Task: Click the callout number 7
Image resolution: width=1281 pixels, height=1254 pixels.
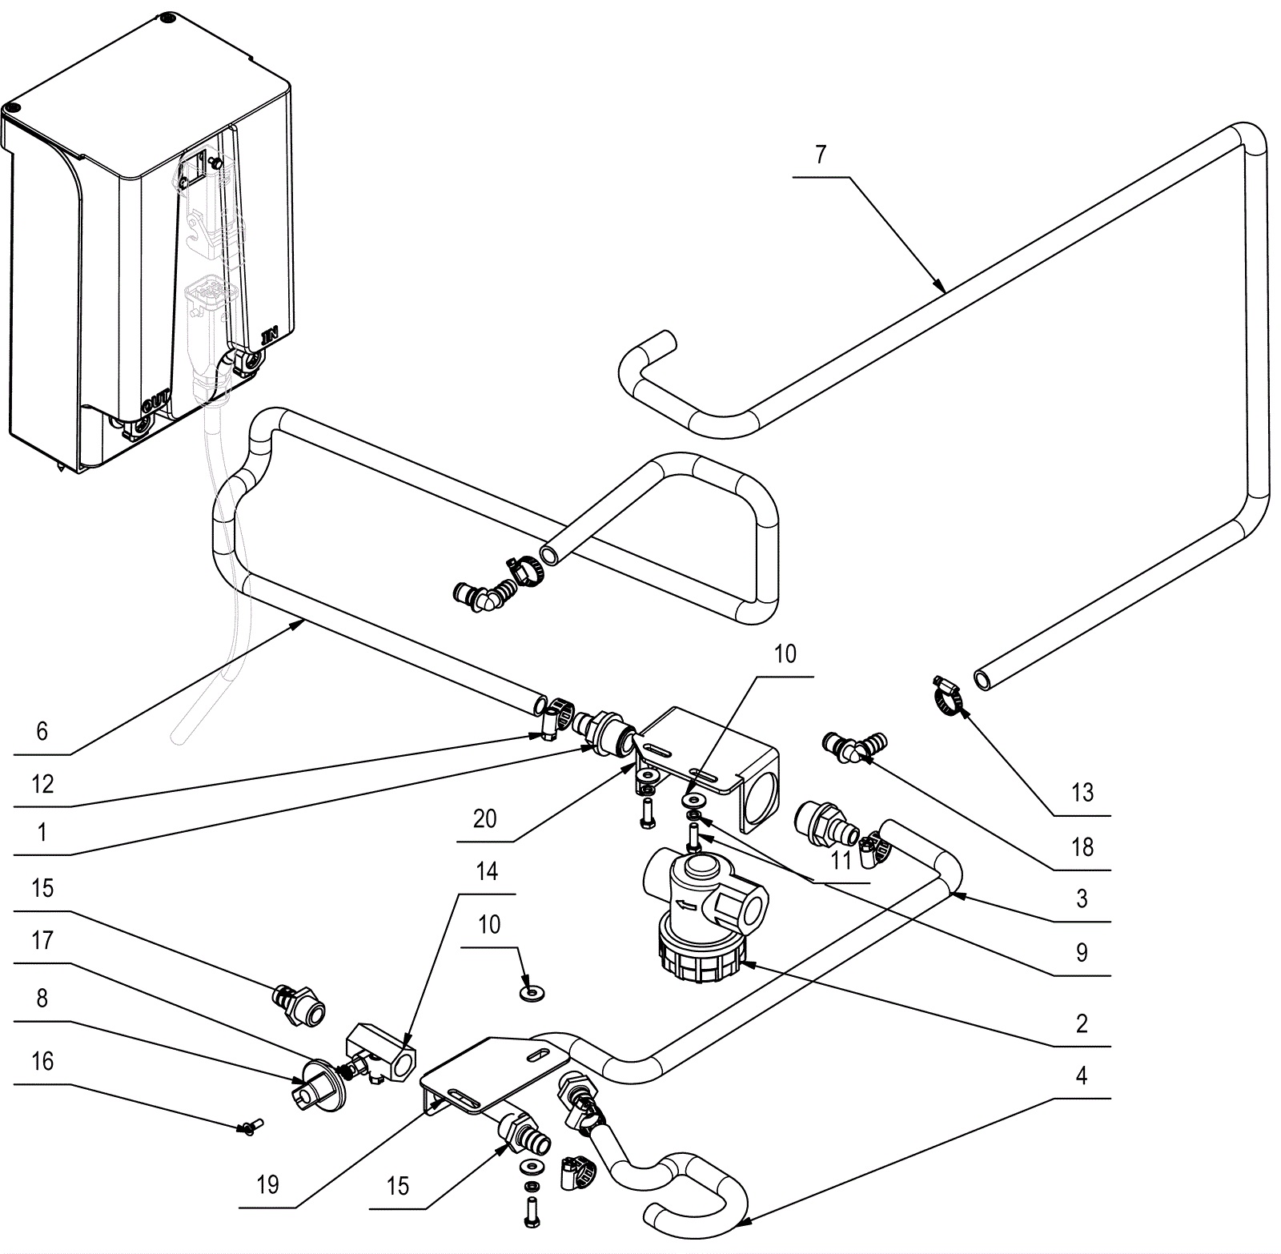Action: [x=821, y=154]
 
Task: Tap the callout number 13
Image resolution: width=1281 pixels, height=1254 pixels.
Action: [x=1082, y=793]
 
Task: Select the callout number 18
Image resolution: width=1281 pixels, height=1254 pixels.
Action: [x=1082, y=846]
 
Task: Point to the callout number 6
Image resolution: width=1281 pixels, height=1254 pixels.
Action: [x=42, y=730]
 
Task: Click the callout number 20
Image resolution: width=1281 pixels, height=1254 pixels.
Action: [x=484, y=818]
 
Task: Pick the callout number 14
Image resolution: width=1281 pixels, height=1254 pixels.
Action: [x=487, y=870]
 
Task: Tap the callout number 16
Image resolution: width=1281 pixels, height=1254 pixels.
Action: [x=42, y=1061]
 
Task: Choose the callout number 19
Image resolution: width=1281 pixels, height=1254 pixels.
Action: [x=267, y=1184]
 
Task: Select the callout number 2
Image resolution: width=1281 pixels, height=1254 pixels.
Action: [x=1082, y=1023]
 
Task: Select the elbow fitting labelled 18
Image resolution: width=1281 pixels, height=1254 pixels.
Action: [x=853, y=746]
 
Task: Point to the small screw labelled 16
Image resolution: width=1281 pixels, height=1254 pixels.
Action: [x=251, y=1127]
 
